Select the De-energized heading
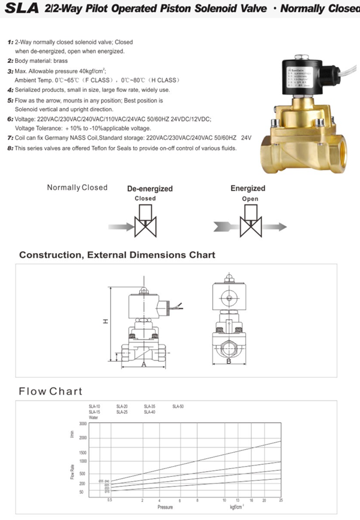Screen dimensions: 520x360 point(149,188)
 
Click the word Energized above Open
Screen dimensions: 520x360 point(248,188)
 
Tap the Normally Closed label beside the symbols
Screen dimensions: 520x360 point(77,188)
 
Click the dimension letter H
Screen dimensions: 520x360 point(104,321)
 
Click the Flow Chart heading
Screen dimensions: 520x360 point(50,392)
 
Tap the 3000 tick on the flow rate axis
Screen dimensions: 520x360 point(83,424)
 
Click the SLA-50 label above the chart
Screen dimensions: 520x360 point(178,407)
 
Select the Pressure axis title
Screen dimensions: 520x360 point(166,507)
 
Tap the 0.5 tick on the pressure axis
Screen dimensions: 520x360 point(109,500)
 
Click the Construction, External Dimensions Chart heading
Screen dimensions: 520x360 point(117,255)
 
